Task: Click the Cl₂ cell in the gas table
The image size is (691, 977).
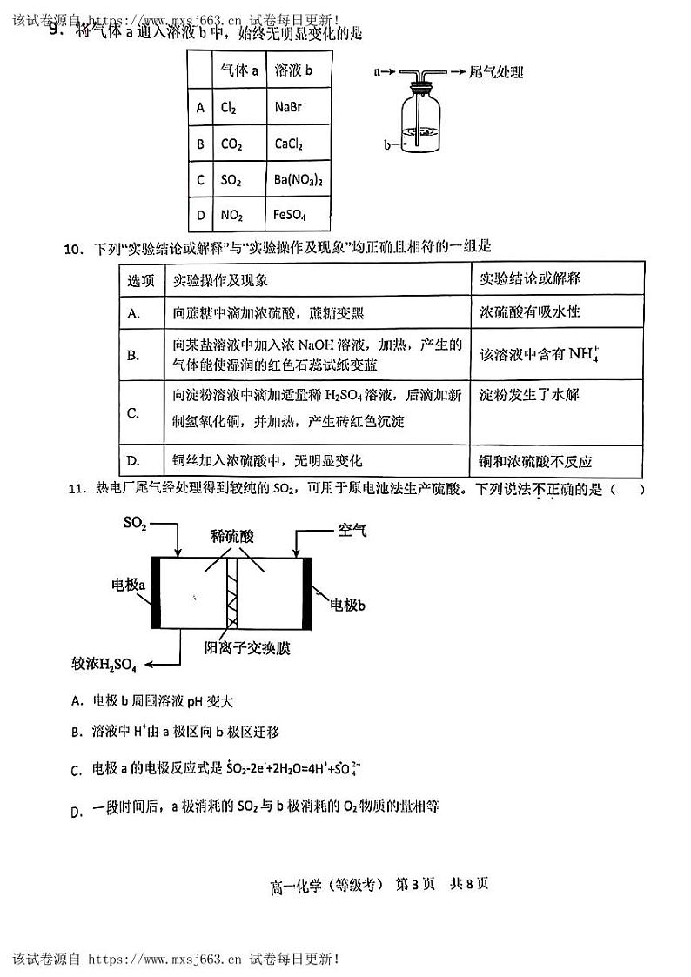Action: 228,108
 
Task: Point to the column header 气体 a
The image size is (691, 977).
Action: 238,70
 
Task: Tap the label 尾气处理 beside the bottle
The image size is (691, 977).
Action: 495,72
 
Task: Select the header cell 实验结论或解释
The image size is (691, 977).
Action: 530,279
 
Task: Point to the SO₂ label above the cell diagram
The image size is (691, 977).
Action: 135,524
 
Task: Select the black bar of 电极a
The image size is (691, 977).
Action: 157,592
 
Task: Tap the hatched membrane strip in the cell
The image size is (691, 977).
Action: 231,592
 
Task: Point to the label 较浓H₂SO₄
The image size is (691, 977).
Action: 104,665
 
